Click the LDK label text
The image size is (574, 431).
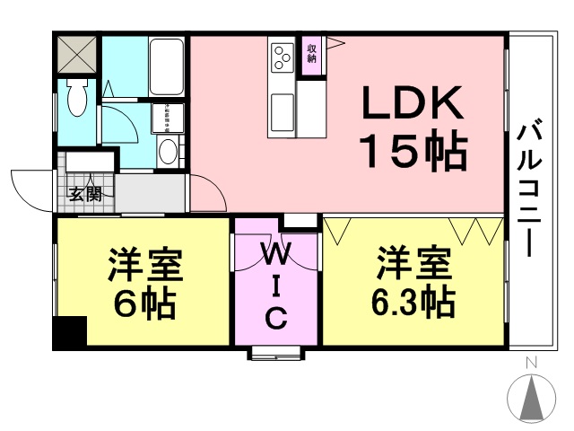(413, 106)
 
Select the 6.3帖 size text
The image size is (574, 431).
(412, 303)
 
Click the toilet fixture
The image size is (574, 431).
(75, 97)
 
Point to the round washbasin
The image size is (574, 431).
(167, 151)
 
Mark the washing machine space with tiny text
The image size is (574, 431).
(167, 118)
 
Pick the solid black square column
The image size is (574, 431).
(70, 333)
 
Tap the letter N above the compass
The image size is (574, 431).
(531, 362)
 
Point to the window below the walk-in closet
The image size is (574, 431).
(276, 352)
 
